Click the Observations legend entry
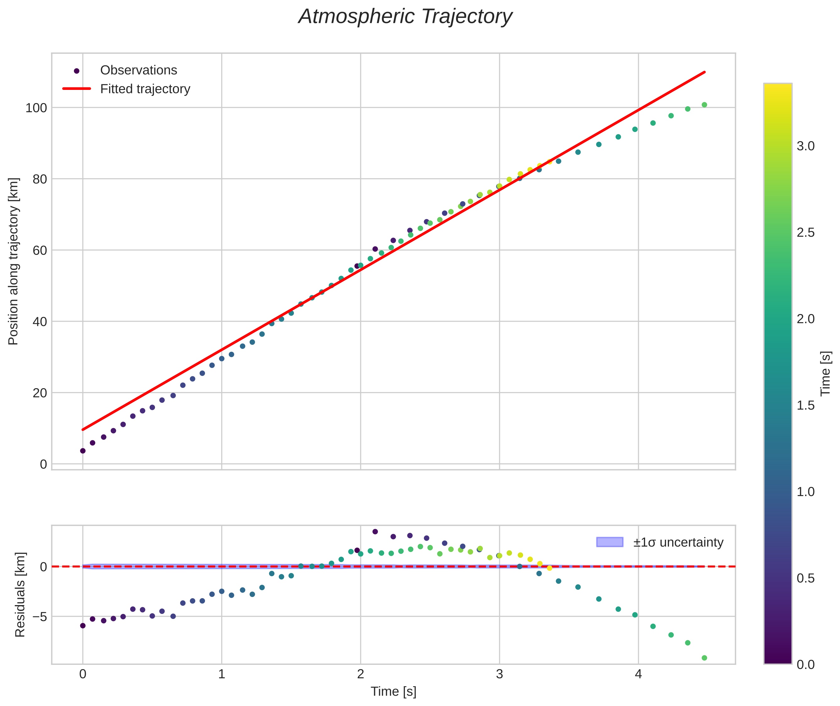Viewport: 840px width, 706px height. (138, 70)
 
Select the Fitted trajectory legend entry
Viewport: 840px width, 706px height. (145, 89)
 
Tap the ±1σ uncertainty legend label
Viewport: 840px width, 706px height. (678, 542)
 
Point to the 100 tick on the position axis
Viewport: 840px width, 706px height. (36, 108)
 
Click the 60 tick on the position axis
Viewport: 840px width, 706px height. (40, 251)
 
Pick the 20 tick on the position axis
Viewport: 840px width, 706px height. (40, 393)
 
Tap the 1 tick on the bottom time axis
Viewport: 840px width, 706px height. (221, 674)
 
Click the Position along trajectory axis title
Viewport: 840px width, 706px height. (14, 261)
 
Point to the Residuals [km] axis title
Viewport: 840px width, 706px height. (20, 594)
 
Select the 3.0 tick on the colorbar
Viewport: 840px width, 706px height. (805, 146)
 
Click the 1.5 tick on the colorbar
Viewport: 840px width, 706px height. (805, 405)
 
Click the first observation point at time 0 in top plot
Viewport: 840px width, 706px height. (83, 451)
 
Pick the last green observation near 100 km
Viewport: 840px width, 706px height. (704, 105)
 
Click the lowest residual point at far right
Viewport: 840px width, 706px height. (704, 658)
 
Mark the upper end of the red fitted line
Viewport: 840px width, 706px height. (704, 72)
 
